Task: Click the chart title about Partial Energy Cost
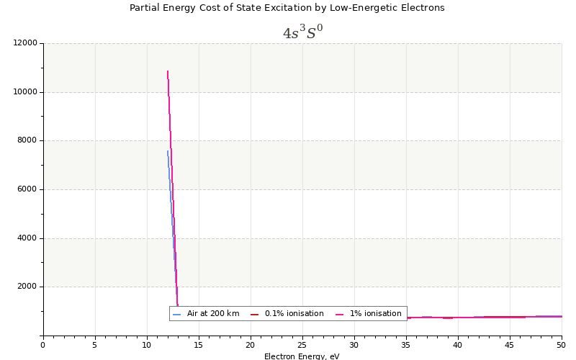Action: (x=287, y=8)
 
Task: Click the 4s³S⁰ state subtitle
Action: (x=302, y=33)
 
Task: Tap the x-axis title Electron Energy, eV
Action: (x=302, y=356)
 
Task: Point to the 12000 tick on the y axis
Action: (x=25, y=43)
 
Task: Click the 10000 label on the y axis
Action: (x=25, y=92)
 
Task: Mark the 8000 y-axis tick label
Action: (x=27, y=140)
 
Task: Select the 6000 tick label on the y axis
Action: (x=27, y=189)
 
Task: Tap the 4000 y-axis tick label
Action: (x=27, y=238)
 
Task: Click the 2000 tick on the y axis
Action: (x=27, y=287)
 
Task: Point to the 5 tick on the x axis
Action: (x=95, y=345)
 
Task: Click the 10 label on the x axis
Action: (x=147, y=345)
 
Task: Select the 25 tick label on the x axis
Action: (x=302, y=345)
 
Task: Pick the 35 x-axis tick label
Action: (x=406, y=345)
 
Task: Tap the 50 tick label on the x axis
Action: (x=562, y=345)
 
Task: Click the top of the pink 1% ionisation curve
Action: (x=167, y=71)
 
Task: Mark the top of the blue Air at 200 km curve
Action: (x=167, y=150)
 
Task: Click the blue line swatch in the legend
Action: (x=177, y=314)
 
